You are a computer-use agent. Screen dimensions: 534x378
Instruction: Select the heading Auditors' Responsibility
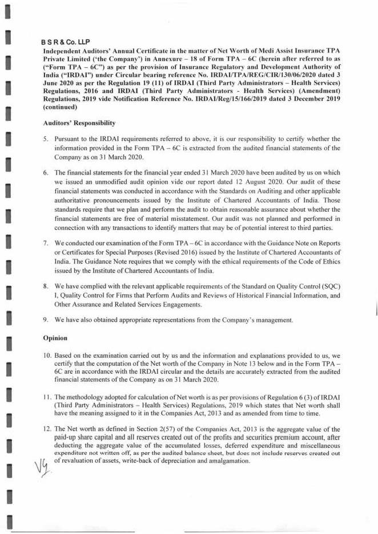(79, 123)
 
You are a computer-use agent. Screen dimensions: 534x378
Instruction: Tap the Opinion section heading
(55, 338)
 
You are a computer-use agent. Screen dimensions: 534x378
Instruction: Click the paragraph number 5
(45, 139)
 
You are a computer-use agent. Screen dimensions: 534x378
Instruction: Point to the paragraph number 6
(45, 172)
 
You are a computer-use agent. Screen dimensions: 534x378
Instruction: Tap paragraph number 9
(45, 320)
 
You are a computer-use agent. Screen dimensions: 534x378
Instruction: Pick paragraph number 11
(47, 396)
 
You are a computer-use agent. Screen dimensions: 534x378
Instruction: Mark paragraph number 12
(47, 428)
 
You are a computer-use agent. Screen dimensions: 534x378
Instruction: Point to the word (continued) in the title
(60, 107)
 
